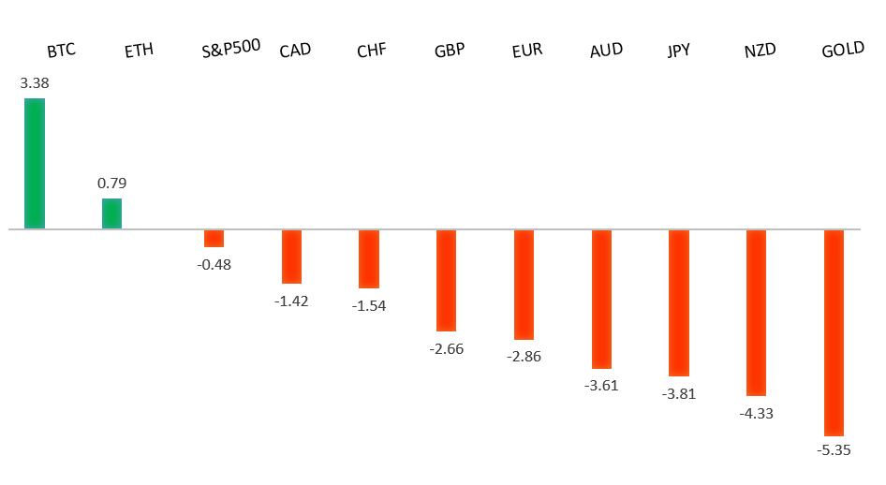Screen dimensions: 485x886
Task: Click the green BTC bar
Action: pyautogui.click(x=35, y=163)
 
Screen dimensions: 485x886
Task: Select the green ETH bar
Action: pyautogui.click(x=111, y=213)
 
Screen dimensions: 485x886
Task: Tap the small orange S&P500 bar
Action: pyautogui.click(x=214, y=239)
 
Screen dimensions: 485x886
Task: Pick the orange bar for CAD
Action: pyautogui.click(x=291, y=257)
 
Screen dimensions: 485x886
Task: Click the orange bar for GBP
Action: pyautogui.click(x=446, y=280)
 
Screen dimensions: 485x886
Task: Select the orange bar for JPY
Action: pyautogui.click(x=678, y=302)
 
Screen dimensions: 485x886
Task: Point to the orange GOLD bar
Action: pyautogui.click(x=834, y=332)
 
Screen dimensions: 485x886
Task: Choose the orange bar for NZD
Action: pyautogui.click(x=756, y=313)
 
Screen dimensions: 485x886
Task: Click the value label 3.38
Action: pyautogui.click(x=35, y=83)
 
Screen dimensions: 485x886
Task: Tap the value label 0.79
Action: pyautogui.click(x=111, y=184)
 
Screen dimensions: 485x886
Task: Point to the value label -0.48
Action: pyautogui.click(x=214, y=265)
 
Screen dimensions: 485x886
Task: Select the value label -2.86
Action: pyautogui.click(x=524, y=357)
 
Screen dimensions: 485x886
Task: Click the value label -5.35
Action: pyautogui.click(x=834, y=450)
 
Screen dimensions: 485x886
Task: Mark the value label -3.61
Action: pyautogui.click(x=601, y=386)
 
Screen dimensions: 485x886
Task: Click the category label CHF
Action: pyautogui.click(x=371, y=51)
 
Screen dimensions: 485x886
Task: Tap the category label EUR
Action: pyautogui.click(x=527, y=51)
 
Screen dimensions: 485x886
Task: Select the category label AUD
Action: pyautogui.click(x=606, y=51)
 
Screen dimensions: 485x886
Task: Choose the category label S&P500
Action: pyautogui.click(x=230, y=49)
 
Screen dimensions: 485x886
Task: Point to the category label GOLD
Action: pyautogui.click(x=842, y=51)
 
